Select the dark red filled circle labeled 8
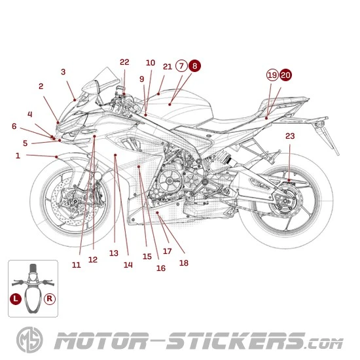tap(195, 66)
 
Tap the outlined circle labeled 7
tap(181, 66)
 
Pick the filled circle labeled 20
tap(286, 75)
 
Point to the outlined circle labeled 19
tap(272, 75)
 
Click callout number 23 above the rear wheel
tap(290, 136)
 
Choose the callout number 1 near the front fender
tap(18, 156)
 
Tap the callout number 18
tap(183, 262)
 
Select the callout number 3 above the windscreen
tap(63, 72)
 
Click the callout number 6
tap(14, 126)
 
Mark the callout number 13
tap(113, 253)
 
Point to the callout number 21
tap(167, 66)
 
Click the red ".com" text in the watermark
tap(324, 342)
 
